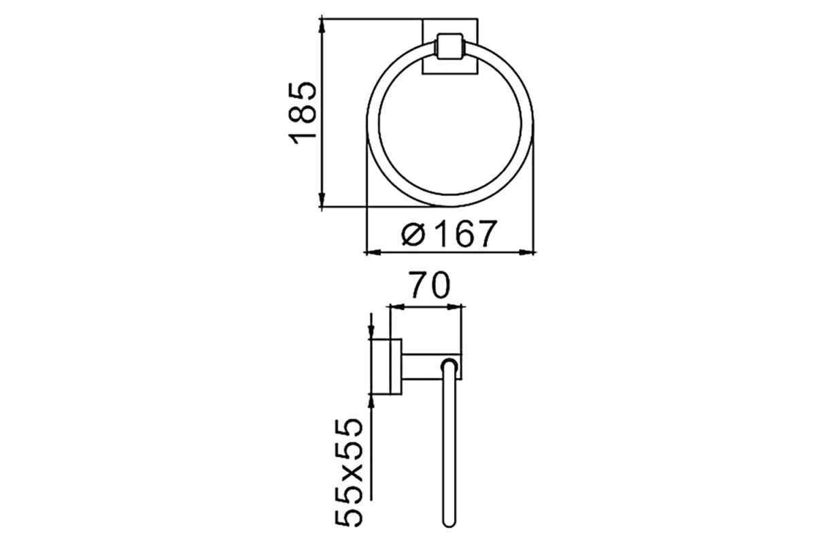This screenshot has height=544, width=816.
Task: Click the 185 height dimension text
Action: [x=303, y=114]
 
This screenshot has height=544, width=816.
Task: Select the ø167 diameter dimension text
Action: [x=449, y=233]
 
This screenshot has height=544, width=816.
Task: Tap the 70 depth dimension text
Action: [x=430, y=284]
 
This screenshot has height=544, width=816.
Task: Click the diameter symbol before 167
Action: [x=413, y=235]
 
